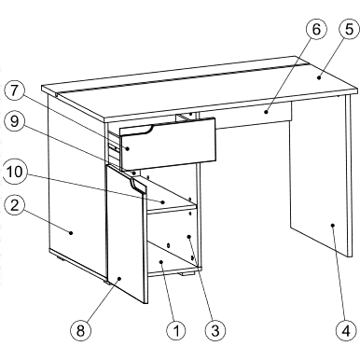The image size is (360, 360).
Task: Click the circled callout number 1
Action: coord(176,330)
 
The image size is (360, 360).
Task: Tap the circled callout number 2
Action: coord(15,206)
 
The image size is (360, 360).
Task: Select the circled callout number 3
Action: coord(215,330)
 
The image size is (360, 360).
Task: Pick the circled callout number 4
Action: coord(347,330)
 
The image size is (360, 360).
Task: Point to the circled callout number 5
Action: coord(349,30)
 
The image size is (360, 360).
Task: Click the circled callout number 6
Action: coord(316,30)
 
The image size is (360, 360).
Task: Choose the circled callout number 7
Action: coord(15,92)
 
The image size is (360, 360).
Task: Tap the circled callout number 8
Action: coord(80,330)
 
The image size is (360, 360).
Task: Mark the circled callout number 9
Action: coord(15,122)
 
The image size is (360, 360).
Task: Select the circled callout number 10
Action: coord(15,172)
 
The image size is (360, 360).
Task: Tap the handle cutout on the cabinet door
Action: coord(137,185)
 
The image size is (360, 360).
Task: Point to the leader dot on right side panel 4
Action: coord(332,225)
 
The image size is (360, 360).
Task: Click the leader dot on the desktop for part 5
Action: coord(319,77)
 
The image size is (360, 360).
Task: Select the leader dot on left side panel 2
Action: coord(71,232)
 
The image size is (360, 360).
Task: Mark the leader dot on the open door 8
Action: coord(119,279)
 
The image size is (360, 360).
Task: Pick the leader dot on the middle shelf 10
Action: coord(162,202)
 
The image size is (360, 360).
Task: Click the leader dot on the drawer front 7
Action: coord(127,148)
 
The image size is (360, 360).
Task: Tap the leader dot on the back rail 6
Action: coord(266,111)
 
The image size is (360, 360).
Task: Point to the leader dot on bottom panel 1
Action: coord(161,262)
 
